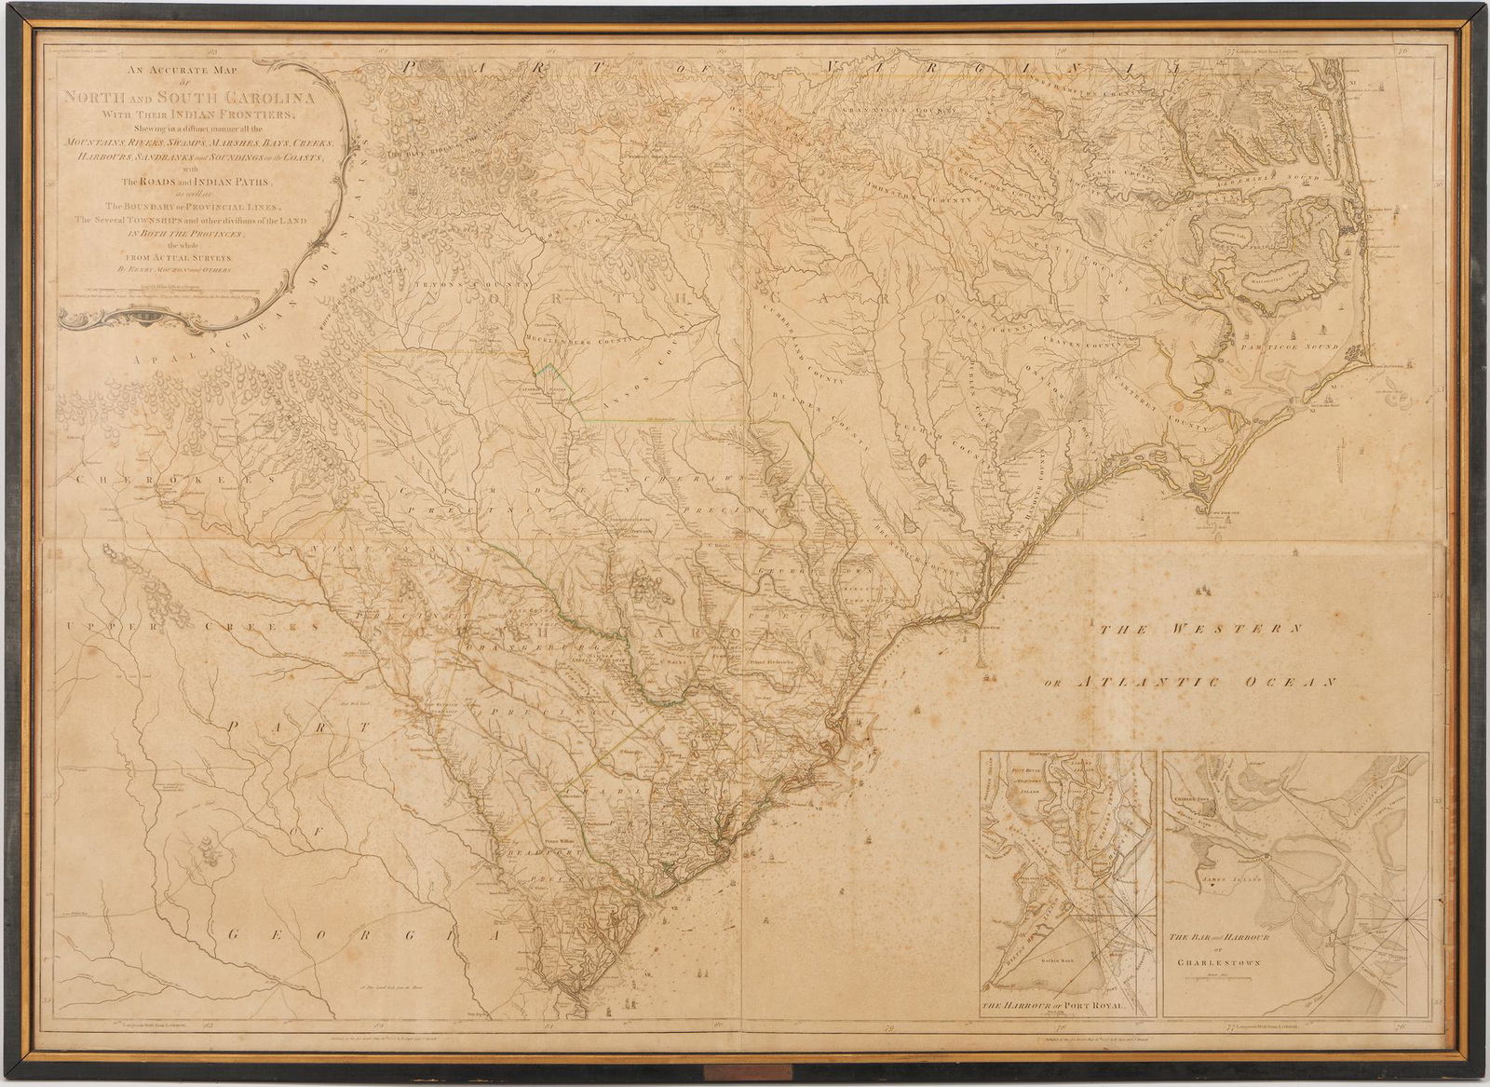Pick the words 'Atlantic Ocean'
tap(1206, 683)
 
